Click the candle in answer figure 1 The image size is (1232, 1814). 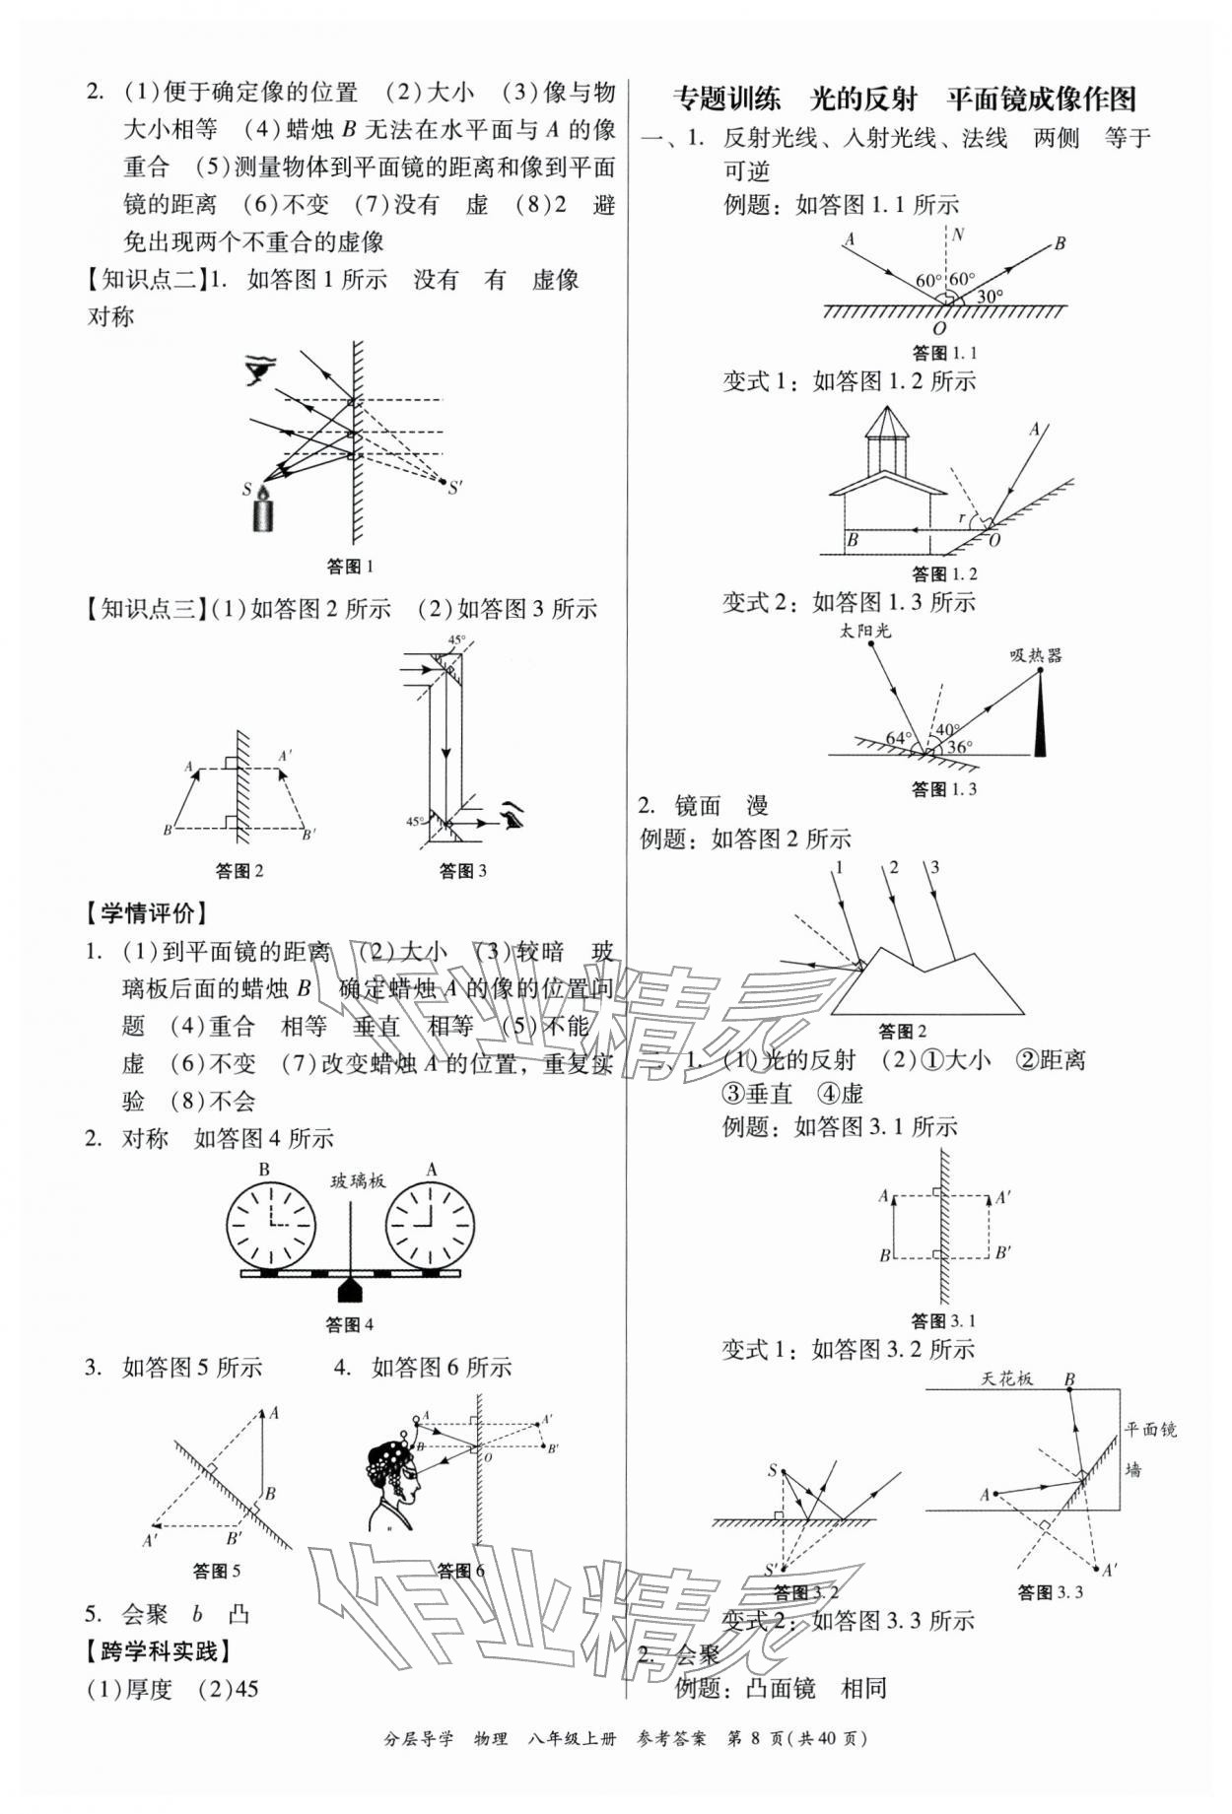point(263,511)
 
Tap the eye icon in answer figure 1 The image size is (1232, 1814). point(261,370)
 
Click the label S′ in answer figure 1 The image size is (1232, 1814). point(455,487)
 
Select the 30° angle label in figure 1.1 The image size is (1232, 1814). point(990,295)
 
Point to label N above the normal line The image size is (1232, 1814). point(958,235)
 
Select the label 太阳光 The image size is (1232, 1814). point(865,631)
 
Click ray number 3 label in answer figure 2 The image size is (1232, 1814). point(934,867)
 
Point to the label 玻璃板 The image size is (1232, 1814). point(357,1180)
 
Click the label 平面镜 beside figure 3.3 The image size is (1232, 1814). point(1151,1429)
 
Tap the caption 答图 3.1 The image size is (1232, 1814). point(942,1320)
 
